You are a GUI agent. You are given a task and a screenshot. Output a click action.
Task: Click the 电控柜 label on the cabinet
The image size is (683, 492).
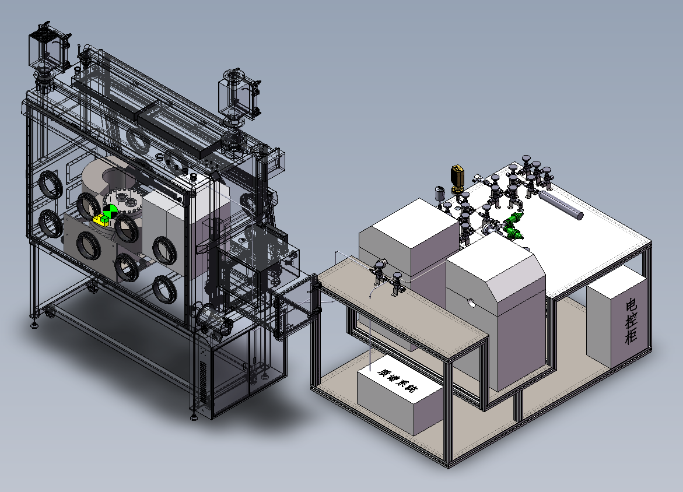(632, 321)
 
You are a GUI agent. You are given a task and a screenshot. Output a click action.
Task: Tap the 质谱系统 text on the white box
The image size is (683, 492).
(397, 380)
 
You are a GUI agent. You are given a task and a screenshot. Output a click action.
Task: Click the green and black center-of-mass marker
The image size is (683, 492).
(110, 212)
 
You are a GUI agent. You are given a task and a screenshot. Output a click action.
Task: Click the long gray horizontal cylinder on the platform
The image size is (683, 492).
(561, 205)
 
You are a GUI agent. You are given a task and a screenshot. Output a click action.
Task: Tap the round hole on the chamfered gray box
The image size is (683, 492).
(471, 302)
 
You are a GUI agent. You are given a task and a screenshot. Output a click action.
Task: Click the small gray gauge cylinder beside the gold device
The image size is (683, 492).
(439, 194)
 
